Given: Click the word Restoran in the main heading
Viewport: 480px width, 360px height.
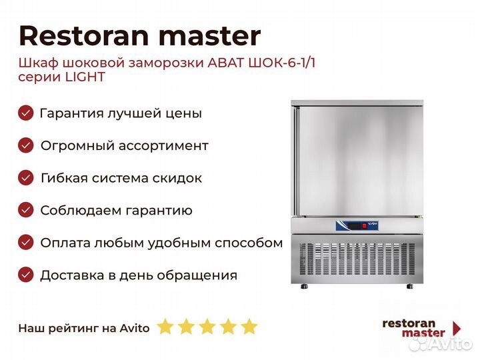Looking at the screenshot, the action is (x=84, y=36).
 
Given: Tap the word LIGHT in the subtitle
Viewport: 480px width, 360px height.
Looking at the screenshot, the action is (x=85, y=77).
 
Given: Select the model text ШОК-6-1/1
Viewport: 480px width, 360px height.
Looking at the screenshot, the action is (x=281, y=63).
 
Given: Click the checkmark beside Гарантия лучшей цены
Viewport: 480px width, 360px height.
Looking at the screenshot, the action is (x=26, y=113).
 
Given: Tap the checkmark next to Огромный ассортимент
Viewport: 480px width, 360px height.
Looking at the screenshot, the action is (x=26, y=145).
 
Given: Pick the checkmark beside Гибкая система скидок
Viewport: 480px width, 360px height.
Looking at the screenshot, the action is (x=26, y=178).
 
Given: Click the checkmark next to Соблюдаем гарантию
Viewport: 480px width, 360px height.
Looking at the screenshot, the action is (x=26, y=210).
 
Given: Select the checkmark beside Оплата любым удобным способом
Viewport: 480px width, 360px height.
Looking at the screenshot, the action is (x=26, y=243).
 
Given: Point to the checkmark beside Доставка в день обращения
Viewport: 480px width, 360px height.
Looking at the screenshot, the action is (x=26, y=275).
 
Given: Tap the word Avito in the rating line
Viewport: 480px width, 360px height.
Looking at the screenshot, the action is (x=135, y=328).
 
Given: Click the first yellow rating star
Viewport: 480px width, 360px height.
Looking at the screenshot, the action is (x=165, y=326).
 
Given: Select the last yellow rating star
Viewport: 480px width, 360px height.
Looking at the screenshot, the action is (x=249, y=326).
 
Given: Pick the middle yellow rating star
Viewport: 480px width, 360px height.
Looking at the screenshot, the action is (x=207, y=326).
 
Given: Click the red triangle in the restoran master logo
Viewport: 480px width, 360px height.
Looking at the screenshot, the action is (x=457, y=328).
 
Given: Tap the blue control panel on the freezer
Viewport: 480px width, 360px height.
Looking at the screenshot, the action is (x=357, y=226).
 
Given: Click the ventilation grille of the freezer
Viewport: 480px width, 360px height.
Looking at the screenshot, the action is (x=357, y=259).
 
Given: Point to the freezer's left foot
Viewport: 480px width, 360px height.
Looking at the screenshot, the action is (x=304, y=287).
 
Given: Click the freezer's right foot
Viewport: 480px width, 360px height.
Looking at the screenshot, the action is (x=409, y=287).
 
